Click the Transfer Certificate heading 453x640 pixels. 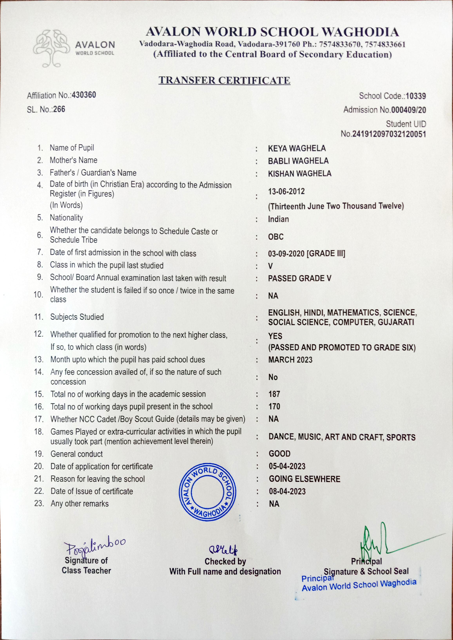tap(224, 80)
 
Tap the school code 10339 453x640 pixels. tap(416, 96)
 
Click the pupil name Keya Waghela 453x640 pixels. tap(297, 148)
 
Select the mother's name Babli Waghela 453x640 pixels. tap(298, 161)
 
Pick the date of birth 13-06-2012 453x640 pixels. tap(286, 191)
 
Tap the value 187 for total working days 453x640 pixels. tap(274, 394)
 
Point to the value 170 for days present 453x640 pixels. tap(274, 406)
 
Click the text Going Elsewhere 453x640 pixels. tap(304, 479)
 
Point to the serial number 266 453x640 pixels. tap(59, 109)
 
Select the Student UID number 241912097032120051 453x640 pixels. tap(389, 134)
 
